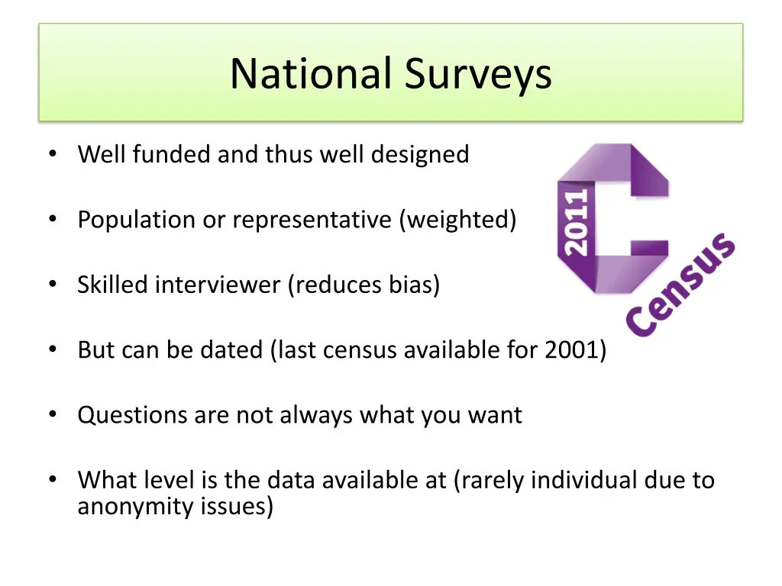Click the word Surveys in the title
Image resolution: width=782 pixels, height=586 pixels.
point(478,74)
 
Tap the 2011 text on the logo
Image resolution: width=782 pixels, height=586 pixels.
point(577,221)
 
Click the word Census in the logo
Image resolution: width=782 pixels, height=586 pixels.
point(680,286)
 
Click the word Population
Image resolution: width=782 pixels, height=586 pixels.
point(137,221)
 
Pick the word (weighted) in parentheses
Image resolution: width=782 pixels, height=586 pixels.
point(457,221)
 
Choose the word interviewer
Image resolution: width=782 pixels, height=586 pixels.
point(219,285)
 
